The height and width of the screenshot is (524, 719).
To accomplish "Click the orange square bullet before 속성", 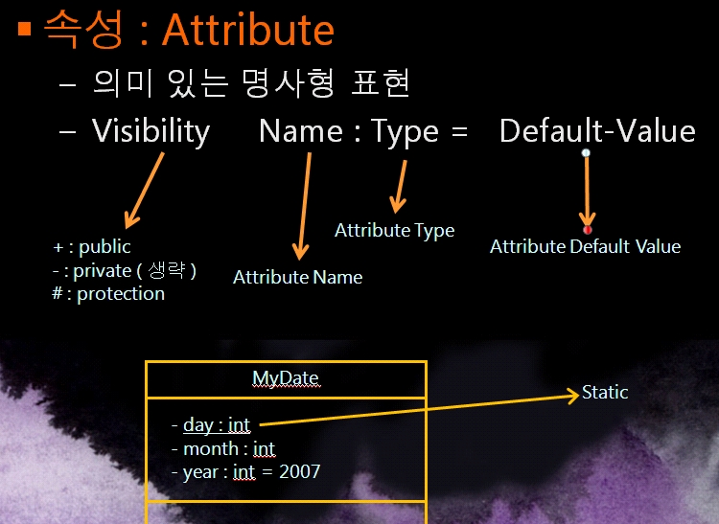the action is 24,30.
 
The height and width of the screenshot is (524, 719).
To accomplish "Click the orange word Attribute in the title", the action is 248,31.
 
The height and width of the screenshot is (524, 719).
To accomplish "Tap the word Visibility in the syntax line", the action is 151,132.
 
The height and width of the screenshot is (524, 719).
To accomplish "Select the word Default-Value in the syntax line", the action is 597,131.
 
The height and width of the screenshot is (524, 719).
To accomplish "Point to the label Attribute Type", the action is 394,231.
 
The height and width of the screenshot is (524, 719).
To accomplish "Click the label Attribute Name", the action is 297,277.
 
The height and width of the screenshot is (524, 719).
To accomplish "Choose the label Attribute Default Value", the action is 585,246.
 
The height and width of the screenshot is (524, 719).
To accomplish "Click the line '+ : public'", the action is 92,247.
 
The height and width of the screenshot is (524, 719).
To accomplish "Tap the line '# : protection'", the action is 108,293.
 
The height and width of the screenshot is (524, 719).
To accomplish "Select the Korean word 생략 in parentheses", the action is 167,270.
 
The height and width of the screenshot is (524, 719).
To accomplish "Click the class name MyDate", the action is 286,378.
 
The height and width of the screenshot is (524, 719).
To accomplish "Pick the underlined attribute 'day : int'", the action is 217,425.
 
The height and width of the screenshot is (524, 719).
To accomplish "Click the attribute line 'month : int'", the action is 229,449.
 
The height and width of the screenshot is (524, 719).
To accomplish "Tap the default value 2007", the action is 299,471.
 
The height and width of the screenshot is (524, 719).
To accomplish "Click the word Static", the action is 605,393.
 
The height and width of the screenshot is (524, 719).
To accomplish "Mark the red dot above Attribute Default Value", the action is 587,230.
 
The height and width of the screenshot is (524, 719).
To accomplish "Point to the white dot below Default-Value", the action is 586,153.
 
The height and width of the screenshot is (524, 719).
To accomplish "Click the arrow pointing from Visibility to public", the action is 144,190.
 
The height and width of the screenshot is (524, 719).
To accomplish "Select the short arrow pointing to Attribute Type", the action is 399,187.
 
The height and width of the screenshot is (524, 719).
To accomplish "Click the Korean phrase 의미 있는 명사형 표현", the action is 251,83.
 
